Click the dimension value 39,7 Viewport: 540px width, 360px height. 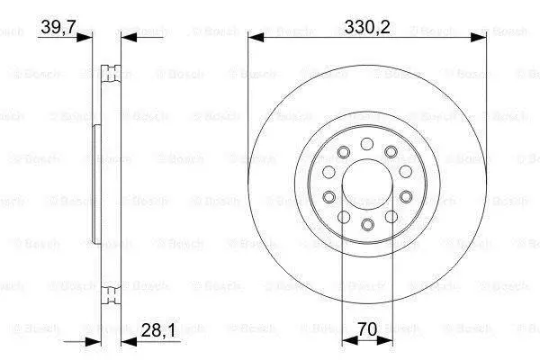pos(58,27)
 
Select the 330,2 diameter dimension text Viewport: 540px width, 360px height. pos(367,27)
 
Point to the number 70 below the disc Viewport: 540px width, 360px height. pos(367,329)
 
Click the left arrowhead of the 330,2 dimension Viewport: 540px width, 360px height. pos(256,38)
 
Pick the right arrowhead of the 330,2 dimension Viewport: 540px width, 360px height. pos(479,38)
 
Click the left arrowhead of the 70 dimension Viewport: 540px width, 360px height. pos(349,341)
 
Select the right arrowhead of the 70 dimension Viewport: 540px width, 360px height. pos(384,341)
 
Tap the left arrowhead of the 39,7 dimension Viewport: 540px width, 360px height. pos(85,37)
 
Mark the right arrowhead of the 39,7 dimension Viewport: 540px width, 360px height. pos(129,37)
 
